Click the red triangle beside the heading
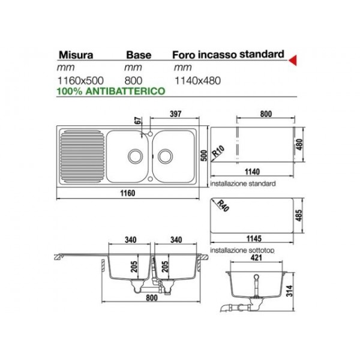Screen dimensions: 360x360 pyautogui.click(x=293, y=61)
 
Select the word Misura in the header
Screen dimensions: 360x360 pyautogui.click(x=76, y=55)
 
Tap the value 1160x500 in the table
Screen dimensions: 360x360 pyautogui.click(x=80, y=80)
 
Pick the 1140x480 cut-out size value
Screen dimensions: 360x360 pyautogui.click(x=197, y=80)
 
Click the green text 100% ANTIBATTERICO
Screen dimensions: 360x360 pyautogui.click(x=111, y=91)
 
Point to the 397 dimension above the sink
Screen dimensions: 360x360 pyautogui.click(x=175, y=114)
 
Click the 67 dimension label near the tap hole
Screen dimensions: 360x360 pyautogui.click(x=138, y=121)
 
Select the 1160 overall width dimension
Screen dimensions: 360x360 pyautogui.click(x=128, y=193)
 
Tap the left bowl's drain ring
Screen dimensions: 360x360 pyautogui.click(x=135, y=156)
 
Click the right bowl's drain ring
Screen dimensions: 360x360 pyautogui.click(x=165, y=156)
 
